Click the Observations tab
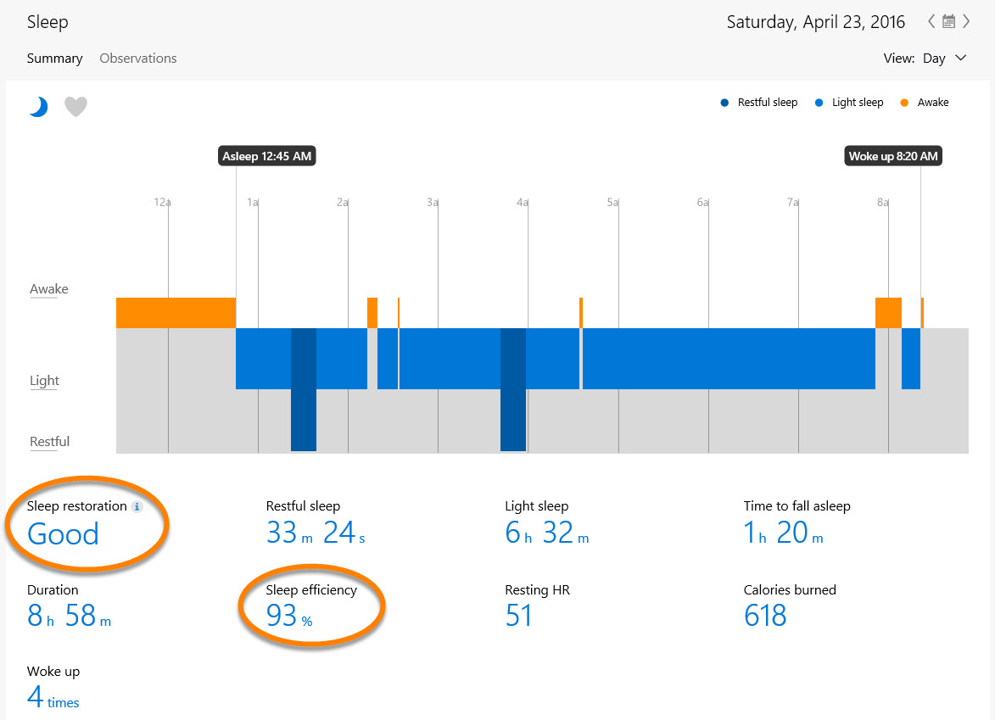click(x=138, y=59)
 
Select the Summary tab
click(x=54, y=59)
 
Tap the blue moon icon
click(x=38, y=107)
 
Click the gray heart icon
click(x=76, y=107)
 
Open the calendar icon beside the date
click(x=949, y=22)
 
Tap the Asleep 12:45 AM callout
click(x=266, y=156)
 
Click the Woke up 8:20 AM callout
click(x=894, y=156)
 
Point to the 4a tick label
click(x=523, y=203)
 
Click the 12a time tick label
click(x=162, y=203)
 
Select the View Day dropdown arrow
click(x=961, y=59)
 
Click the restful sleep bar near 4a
click(x=513, y=390)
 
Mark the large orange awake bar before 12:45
click(x=176, y=313)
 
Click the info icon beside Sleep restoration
click(x=137, y=507)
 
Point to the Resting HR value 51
click(x=518, y=616)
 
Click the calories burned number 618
click(x=765, y=616)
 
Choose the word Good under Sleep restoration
click(x=64, y=534)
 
